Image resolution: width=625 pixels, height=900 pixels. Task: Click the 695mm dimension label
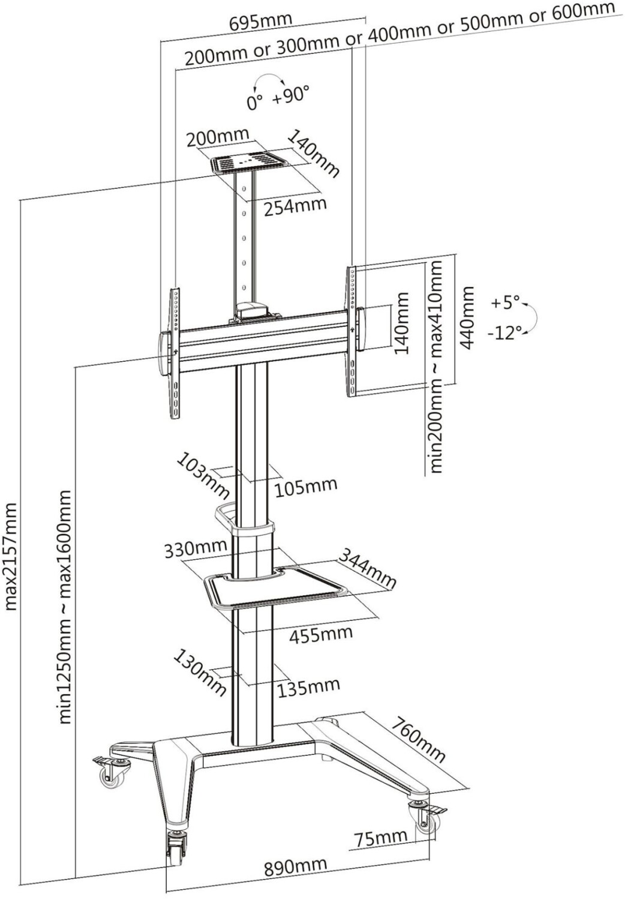(x=260, y=22)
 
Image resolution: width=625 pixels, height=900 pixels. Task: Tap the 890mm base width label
(x=296, y=866)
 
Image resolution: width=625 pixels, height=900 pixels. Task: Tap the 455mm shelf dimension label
(x=321, y=633)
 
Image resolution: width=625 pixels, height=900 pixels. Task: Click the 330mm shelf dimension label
(x=196, y=547)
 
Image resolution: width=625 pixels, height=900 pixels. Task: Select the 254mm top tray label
(x=296, y=206)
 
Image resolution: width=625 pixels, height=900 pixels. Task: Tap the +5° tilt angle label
(x=505, y=303)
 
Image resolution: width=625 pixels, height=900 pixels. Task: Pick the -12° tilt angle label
(x=505, y=332)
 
